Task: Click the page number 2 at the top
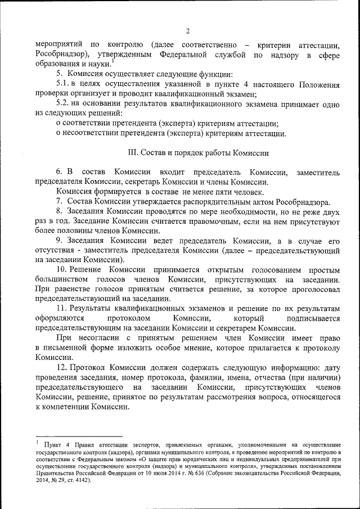click(x=188, y=31)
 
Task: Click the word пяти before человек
click(x=210, y=191)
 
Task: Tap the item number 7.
click(x=58, y=201)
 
